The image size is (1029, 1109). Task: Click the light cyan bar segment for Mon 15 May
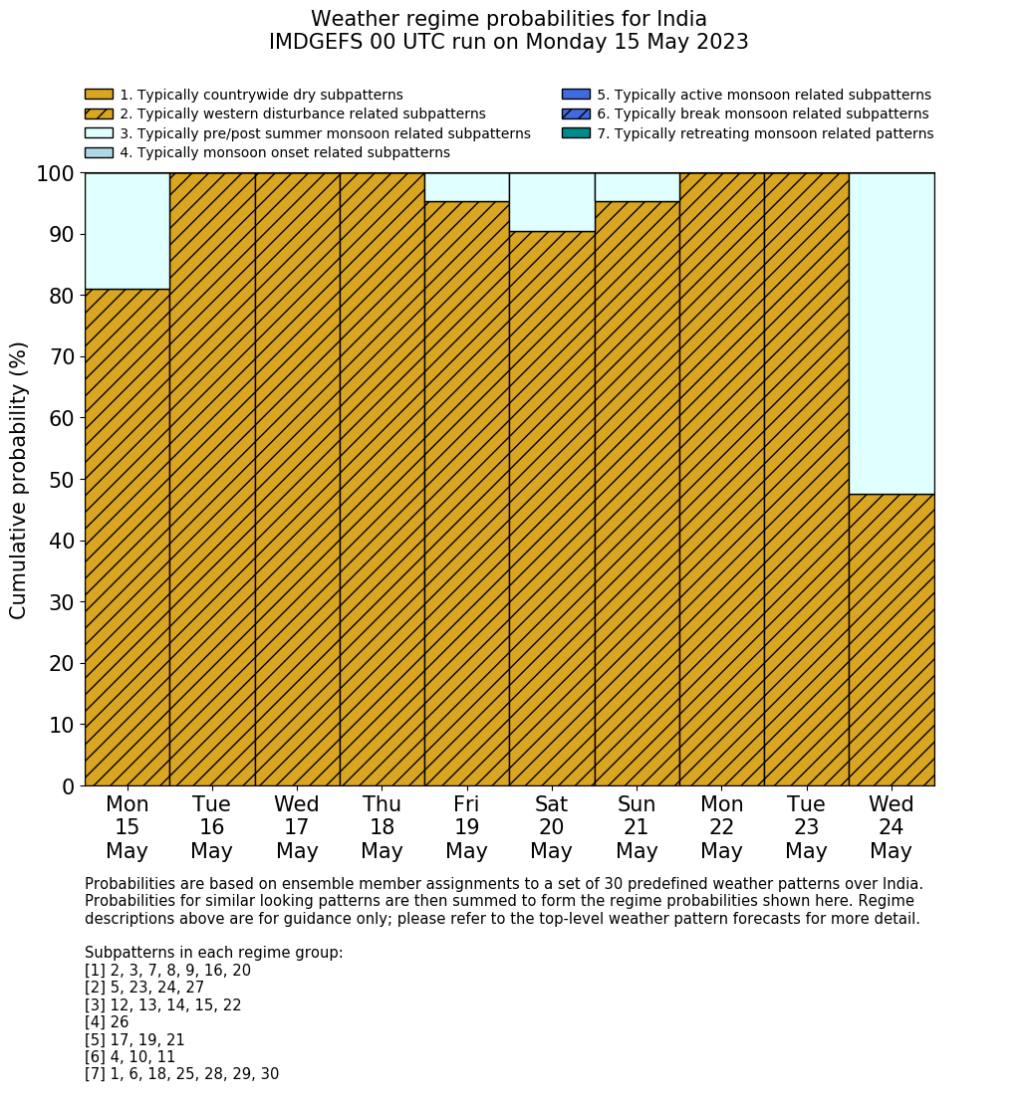point(127,231)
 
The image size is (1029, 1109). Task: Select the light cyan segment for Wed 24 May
point(892,333)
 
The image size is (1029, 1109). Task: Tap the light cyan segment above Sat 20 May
point(552,202)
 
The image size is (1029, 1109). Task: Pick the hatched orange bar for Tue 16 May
point(212,479)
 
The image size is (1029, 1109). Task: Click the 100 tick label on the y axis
point(56,174)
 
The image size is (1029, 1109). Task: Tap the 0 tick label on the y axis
point(68,786)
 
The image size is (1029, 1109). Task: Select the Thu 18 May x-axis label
point(382,827)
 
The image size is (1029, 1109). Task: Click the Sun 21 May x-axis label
point(637,827)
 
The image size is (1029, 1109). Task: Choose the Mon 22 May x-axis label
point(721,827)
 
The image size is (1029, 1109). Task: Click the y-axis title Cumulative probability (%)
point(19,480)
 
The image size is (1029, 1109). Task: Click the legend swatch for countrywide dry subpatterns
point(99,95)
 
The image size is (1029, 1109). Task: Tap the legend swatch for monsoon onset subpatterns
point(99,152)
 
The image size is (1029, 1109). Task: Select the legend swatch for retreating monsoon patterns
point(576,133)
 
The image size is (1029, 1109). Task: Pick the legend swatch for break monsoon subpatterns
point(576,113)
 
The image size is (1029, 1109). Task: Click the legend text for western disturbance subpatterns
point(303,114)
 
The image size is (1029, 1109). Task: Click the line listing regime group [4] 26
point(107,1022)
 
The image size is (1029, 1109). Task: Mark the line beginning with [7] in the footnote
point(181,1074)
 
